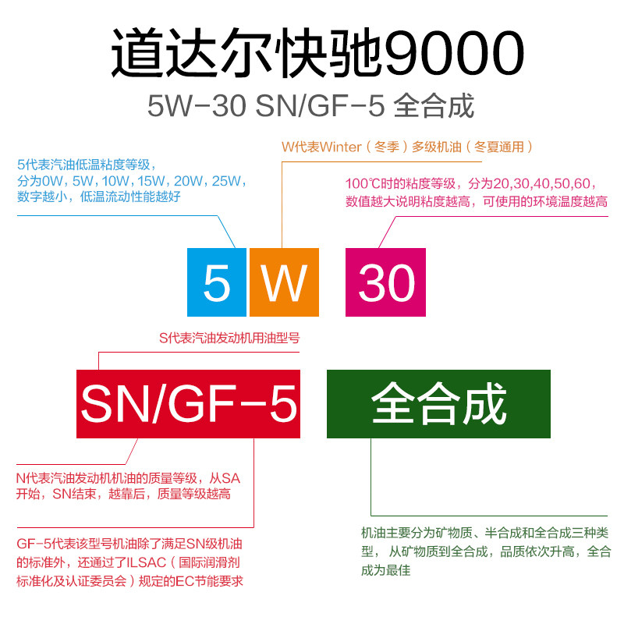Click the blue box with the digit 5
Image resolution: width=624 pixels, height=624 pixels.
tap(216, 282)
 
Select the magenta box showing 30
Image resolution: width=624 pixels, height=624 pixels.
tap(386, 282)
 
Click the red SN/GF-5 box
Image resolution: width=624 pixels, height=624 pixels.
tap(189, 403)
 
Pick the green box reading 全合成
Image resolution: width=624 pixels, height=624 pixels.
tap(438, 403)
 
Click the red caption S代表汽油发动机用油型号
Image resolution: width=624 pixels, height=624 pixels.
tap(229, 339)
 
